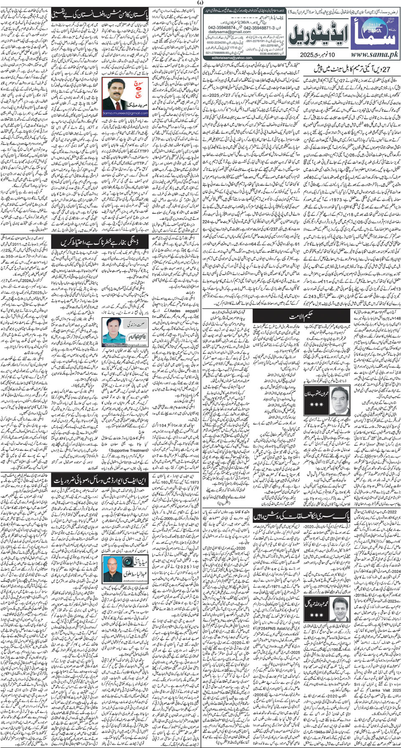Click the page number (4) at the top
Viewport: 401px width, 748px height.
[x=200, y=3]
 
